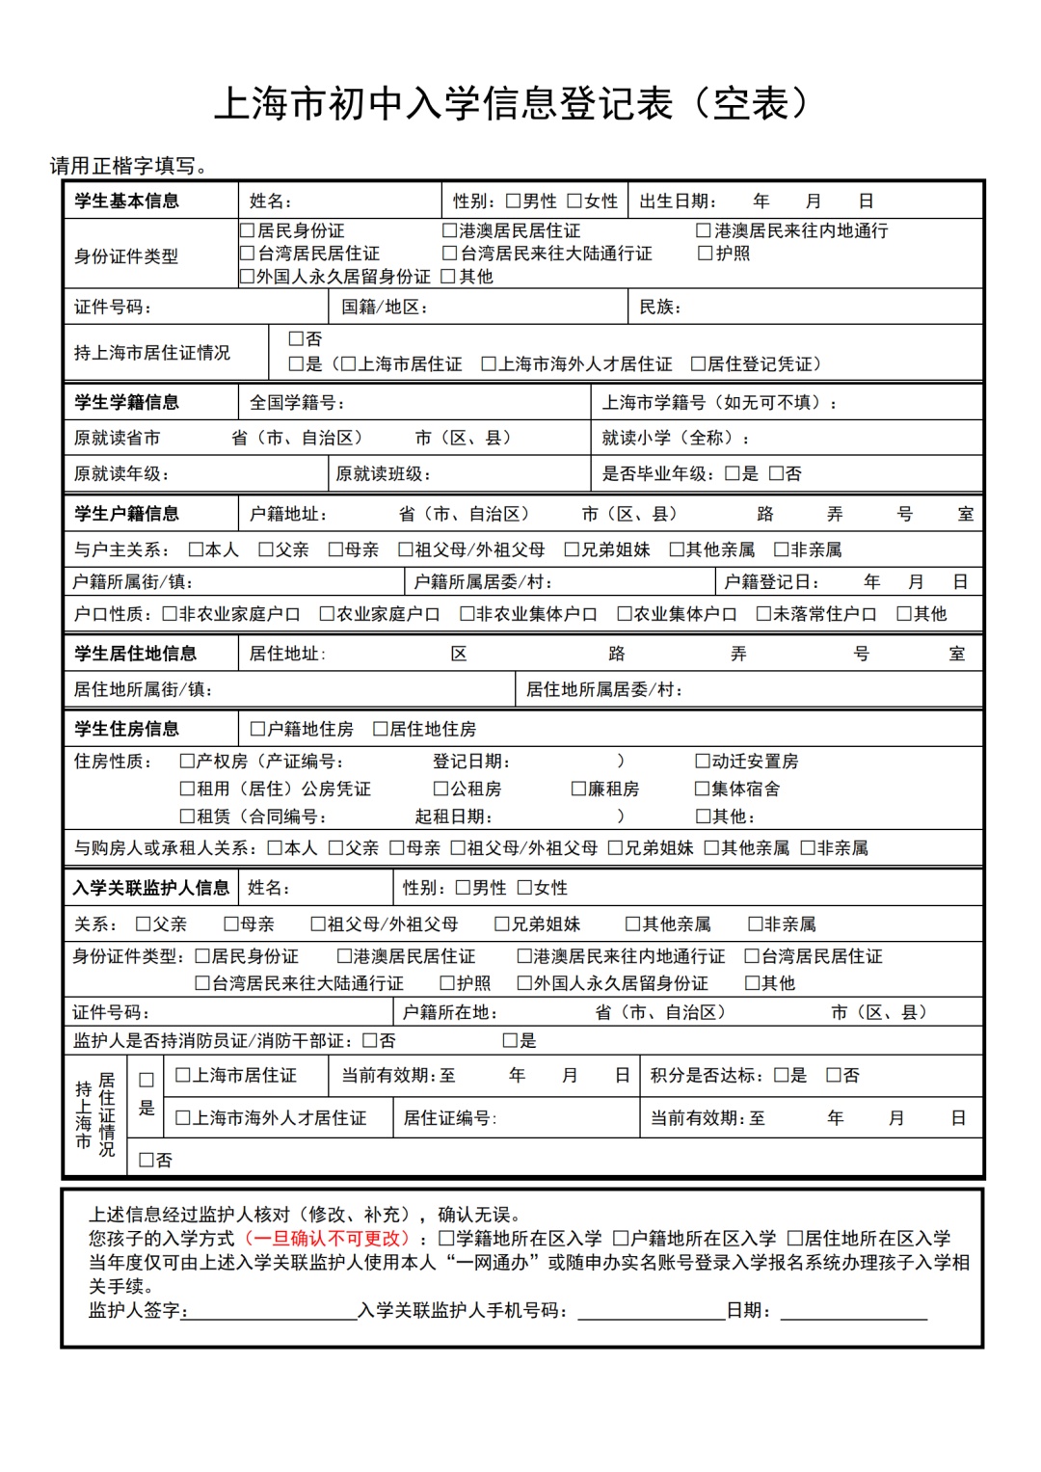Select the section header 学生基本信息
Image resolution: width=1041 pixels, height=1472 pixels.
pyautogui.click(x=126, y=201)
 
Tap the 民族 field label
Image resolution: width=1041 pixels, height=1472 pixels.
pyautogui.click(x=660, y=308)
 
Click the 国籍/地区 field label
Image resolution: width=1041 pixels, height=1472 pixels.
pyautogui.click(x=385, y=308)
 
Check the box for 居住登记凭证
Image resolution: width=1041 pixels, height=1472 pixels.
pyautogui.click(x=699, y=364)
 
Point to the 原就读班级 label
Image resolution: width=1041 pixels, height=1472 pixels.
pyautogui.click(x=383, y=474)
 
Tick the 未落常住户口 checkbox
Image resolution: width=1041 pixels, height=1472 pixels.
pyautogui.click(x=763, y=614)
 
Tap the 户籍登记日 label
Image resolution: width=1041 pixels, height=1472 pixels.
pyautogui.click(x=771, y=582)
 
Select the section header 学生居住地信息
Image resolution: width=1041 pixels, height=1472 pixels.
pyautogui.click(x=135, y=654)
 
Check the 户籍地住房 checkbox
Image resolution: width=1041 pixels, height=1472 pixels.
pyautogui.click(x=257, y=730)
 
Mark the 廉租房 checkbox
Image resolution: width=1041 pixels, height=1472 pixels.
pyautogui.click(x=579, y=790)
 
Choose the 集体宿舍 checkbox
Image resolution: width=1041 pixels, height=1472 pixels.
pyautogui.click(x=703, y=790)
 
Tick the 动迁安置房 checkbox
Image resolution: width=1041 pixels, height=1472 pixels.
pyautogui.click(x=703, y=762)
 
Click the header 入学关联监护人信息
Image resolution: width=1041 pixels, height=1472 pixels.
pyautogui.click(x=150, y=888)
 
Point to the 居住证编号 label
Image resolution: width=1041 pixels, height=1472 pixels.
pyautogui.click(x=450, y=1118)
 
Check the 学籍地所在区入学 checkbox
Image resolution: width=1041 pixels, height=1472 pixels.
pyautogui.click(x=446, y=1239)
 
